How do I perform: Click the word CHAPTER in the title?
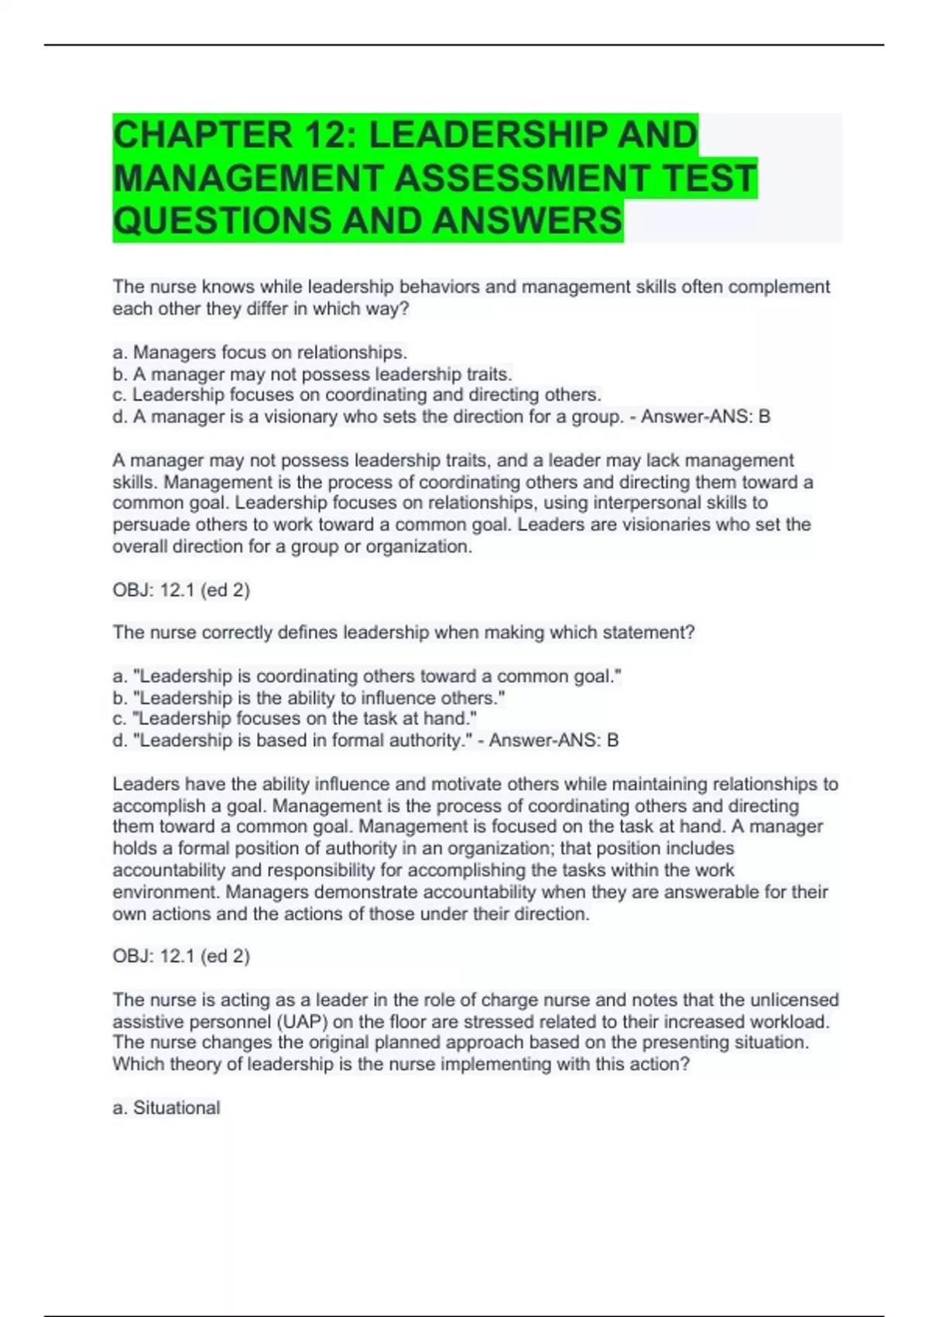click(x=203, y=135)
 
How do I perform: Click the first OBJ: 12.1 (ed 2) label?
click(x=181, y=590)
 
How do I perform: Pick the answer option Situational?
click(x=177, y=1108)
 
